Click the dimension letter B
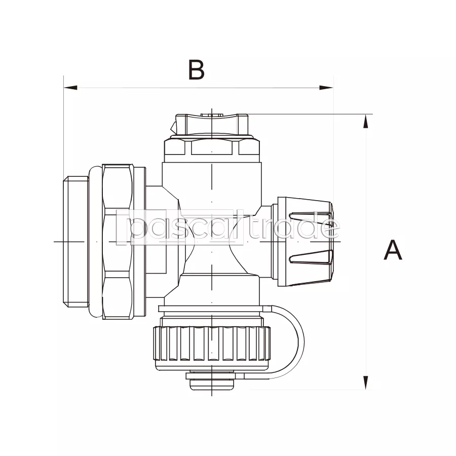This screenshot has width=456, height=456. coord(197,69)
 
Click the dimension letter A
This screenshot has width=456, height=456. coord(393,250)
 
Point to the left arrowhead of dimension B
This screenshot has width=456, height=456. coord(70,88)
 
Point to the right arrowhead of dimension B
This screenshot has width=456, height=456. coord(326,88)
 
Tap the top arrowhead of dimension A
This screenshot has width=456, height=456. coord(365,121)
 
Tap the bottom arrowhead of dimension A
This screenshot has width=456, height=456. coord(365,383)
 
